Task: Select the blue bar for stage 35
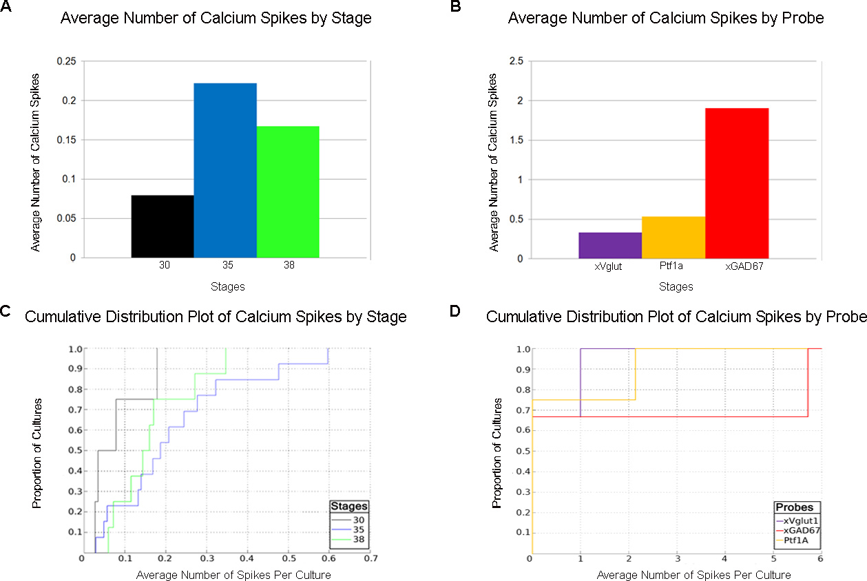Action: coord(225,171)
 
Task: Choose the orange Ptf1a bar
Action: coord(673,237)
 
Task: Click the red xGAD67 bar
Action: coord(737,183)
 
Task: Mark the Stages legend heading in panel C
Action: coord(348,506)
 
